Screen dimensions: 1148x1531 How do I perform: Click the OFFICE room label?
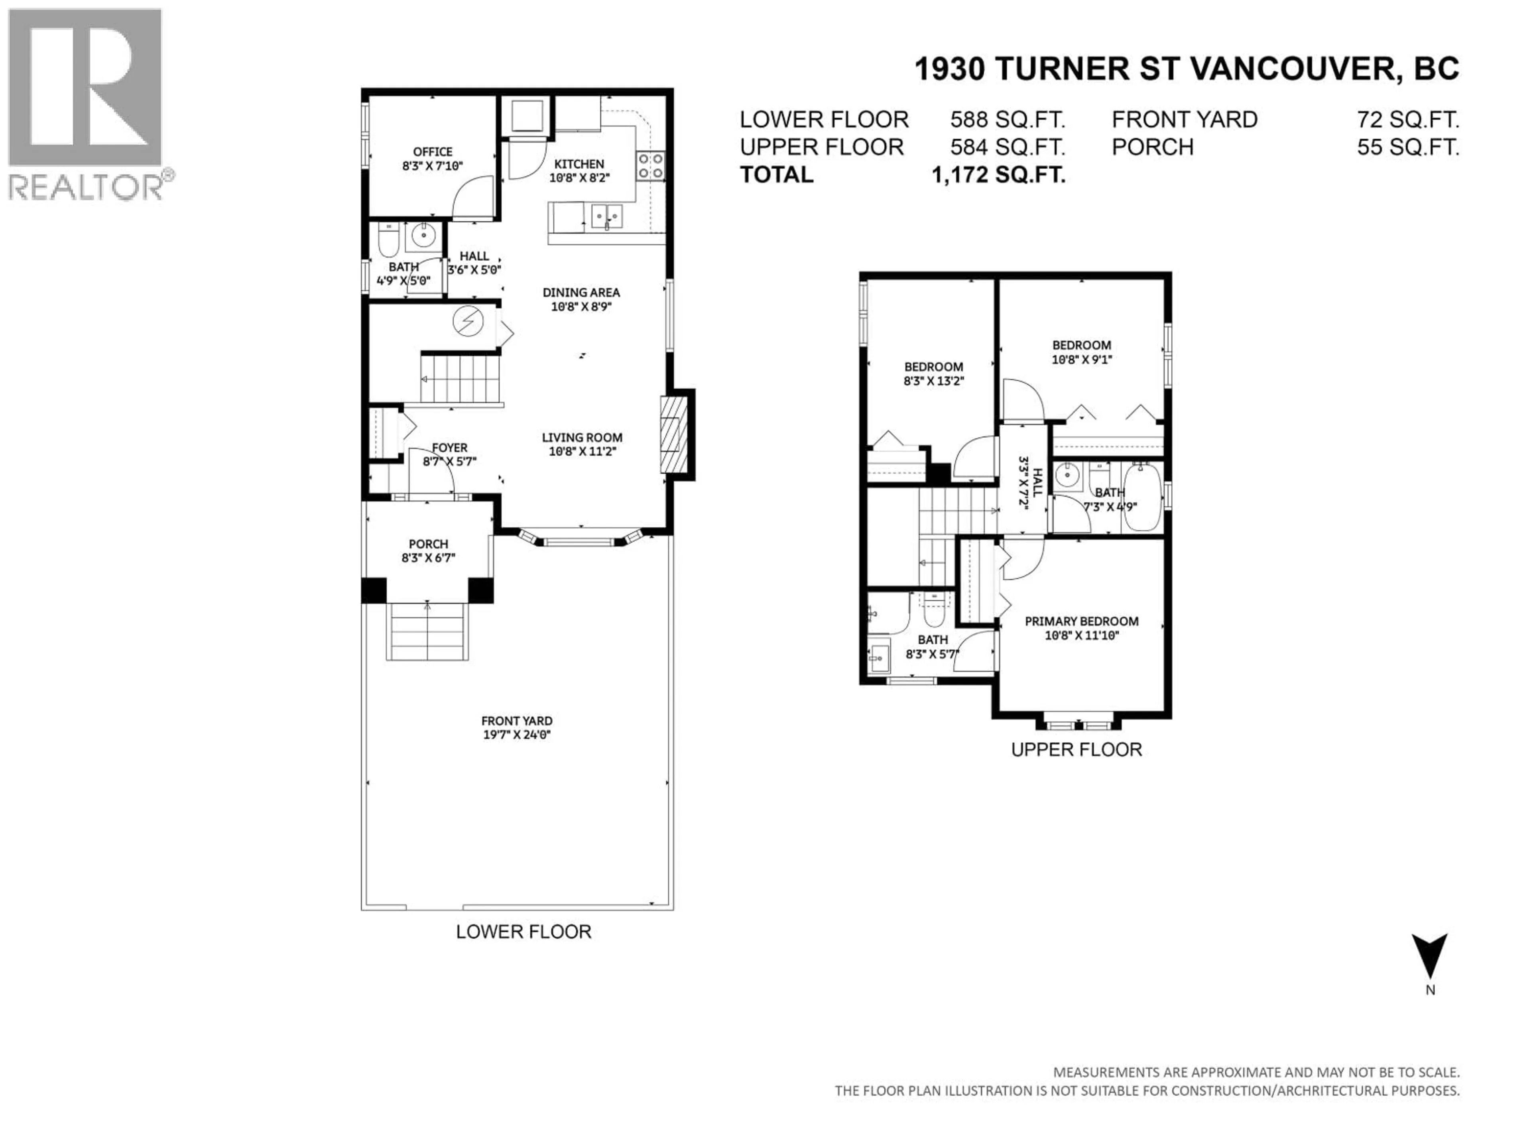433,151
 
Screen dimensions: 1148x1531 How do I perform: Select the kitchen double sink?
607,216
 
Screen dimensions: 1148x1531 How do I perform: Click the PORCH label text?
429,544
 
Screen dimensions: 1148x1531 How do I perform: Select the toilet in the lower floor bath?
388,240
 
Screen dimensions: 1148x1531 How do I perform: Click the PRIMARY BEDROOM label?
1082,621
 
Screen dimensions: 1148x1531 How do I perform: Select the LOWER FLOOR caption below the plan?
523,932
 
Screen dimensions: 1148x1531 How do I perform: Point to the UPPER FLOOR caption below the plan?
1076,749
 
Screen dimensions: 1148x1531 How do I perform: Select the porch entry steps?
428,631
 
